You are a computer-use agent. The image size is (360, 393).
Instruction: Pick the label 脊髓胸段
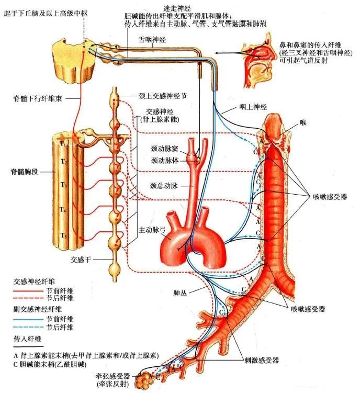pos(22,172)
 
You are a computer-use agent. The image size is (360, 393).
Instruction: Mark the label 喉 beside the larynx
pos(303,122)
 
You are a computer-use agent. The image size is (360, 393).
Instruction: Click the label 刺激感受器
pos(261,360)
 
